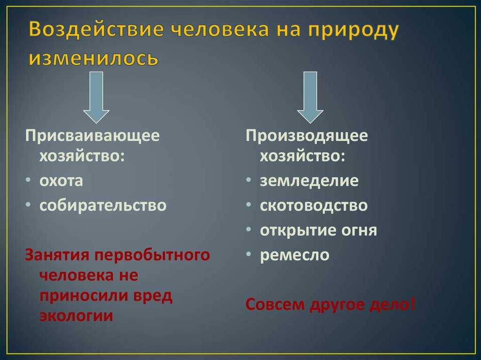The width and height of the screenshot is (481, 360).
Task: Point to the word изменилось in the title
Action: [93, 58]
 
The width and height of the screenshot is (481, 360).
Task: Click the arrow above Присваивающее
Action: [96, 98]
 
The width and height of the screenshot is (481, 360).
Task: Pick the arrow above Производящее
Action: [310, 98]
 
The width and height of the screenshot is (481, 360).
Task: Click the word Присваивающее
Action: [93, 136]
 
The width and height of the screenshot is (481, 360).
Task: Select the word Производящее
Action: [307, 136]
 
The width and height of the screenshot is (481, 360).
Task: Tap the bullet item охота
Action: [61, 181]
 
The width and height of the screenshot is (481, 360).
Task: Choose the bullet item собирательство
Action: [103, 206]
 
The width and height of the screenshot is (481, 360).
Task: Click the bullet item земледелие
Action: [309, 181]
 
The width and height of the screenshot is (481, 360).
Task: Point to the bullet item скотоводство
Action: [313, 206]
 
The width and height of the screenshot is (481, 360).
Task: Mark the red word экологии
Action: [77, 316]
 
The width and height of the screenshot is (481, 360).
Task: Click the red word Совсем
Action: [275, 305]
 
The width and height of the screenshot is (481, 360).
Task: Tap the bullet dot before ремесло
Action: [249, 254]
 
